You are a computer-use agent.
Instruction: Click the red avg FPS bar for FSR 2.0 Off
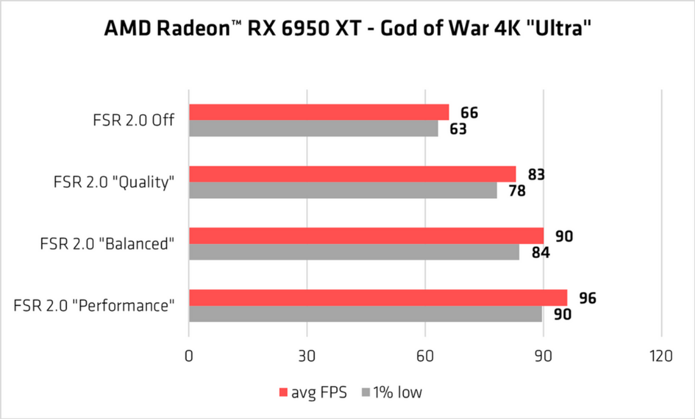[319, 112]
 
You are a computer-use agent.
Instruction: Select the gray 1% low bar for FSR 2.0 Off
[313, 128]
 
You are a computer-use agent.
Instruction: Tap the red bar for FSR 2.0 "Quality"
[352, 174]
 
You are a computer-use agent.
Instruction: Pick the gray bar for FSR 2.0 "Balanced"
[354, 252]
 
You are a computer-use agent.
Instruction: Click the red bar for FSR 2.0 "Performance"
[378, 298]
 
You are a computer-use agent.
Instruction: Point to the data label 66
[469, 112]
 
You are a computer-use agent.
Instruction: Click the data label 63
[458, 129]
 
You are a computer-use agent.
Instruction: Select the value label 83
[536, 174]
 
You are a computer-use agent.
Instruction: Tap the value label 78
[517, 191]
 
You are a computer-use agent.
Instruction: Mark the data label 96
[587, 298]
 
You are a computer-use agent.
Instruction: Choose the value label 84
[539, 253]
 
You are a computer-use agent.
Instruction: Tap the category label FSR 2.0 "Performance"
[94, 305]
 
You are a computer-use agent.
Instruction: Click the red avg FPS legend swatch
[283, 393]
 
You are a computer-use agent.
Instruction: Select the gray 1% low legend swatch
[365, 393]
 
